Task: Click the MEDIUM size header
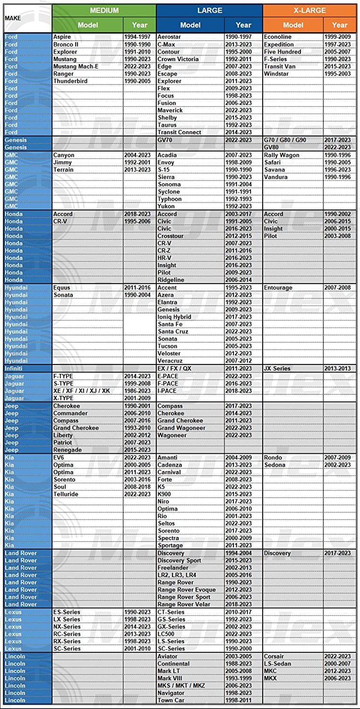[x=104, y=10]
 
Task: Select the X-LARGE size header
[x=309, y=10]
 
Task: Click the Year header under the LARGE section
[x=243, y=25]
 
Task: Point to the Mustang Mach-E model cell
[x=76, y=67]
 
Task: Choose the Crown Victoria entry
[x=178, y=59]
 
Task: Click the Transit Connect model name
[x=179, y=132]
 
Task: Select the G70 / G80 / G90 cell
[x=285, y=140]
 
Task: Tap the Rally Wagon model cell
[x=282, y=155]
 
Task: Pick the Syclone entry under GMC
[x=169, y=191]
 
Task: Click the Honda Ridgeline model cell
[x=171, y=280]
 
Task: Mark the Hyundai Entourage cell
[x=278, y=287]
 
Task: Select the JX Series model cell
[x=277, y=368]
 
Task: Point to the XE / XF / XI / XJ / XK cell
[x=81, y=391]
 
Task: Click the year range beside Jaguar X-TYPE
[x=137, y=398]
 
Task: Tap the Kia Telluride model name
[x=66, y=494]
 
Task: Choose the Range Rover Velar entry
[x=183, y=604]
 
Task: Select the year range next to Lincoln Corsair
[x=337, y=656]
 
